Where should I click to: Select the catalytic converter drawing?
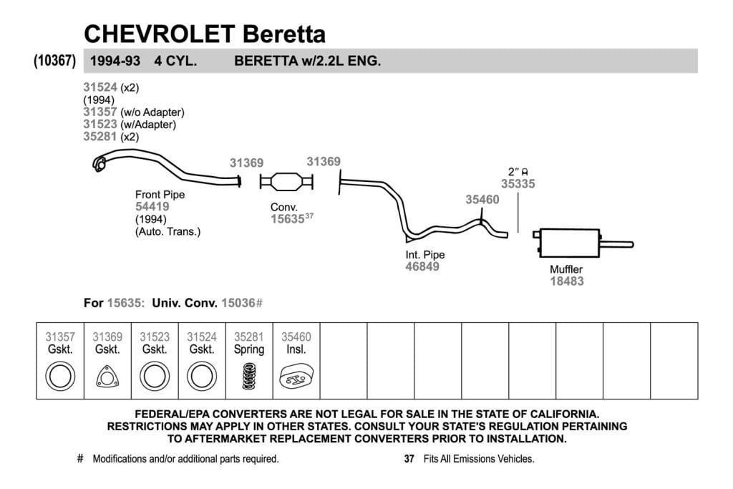pyautogui.click(x=286, y=181)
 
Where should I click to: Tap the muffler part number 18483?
pyautogui.click(x=567, y=281)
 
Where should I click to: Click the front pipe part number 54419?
pyautogui.click(x=152, y=207)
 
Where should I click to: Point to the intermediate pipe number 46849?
pyautogui.click(x=422, y=266)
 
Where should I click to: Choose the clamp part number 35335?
pyautogui.click(x=518, y=184)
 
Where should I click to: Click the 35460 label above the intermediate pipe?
pyautogui.click(x=482, y=200)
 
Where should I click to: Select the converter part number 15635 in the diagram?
pyautogui.click(x=288, y=219)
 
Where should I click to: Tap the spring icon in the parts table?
pyautogui.click(x=249, y=376)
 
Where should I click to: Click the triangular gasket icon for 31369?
pyautogui.click(x=107, y=377)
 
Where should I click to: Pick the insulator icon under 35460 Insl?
pyautogui.click(x=296, y=377)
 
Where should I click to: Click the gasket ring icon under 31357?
pyautogui.click(x=60, y=377)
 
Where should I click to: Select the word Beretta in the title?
pyautogui.click(x=283, y=34)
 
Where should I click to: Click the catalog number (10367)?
pyautogui.click(x=54, y=61)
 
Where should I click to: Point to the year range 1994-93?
pyautogui.click(x=115, y=61)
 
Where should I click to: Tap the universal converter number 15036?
pyautogui.click(x=238, y=303)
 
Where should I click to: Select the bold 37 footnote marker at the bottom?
pyautogui.click(x=409, y=459)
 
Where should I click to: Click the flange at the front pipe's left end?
pyautogui.click(x=99, y=164)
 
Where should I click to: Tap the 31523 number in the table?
pyautogui.click(x=155, y=337)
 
